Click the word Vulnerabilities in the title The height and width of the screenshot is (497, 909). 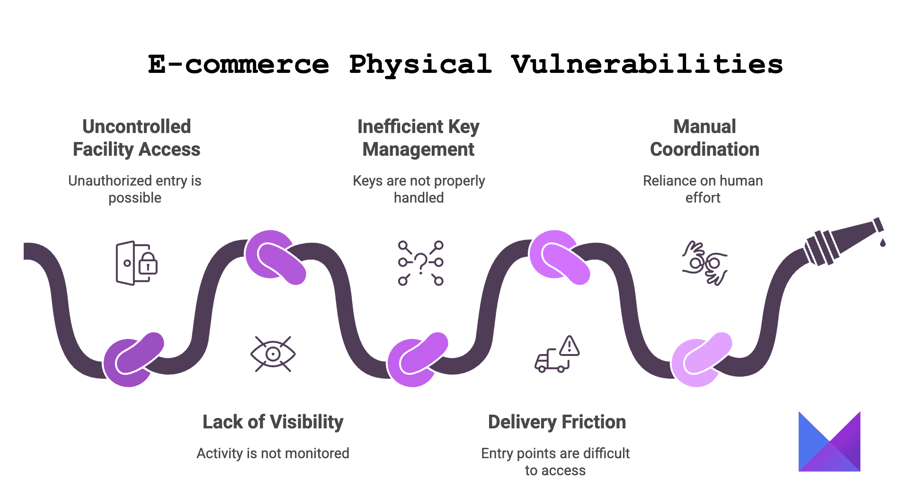pyautogui.click(x=647, y=65)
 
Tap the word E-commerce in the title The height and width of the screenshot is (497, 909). pyautogui.click(x=238, y=64)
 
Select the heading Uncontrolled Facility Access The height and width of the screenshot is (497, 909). pyautogui.click(x=136, y=138)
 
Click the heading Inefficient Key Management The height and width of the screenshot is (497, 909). pyautogui.click(x=419, y=138)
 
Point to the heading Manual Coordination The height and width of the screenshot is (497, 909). pyautogui.click(x=704, y=138)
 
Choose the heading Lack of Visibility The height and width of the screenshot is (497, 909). pyautogui.click(x=273, y=422)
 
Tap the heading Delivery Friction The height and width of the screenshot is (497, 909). pyautogui.click(x=557, y=422)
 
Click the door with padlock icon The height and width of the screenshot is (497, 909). pyautogui.click(x=136, y=263)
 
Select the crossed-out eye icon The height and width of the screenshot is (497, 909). pyautogui.click(x=273, y=354)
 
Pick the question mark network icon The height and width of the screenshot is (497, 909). pyautogui.click(x=420, y=263)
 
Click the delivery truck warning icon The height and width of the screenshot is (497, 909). pyautogui.click(x=557, y=354)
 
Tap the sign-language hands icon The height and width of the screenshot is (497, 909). pyautogui.click(x=704, y=263)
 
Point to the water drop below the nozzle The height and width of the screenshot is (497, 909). pyautogui.click(x=882, y=242)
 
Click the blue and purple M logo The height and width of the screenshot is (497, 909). pyautogui.click(x=829, y=442)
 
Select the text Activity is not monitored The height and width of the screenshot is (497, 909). pyautogui.click(x=273, y=453)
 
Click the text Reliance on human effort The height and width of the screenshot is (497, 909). pyautogui.click(x=703, y=189)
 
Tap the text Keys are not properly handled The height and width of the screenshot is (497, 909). pyautogui.click(x=419, y=189)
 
